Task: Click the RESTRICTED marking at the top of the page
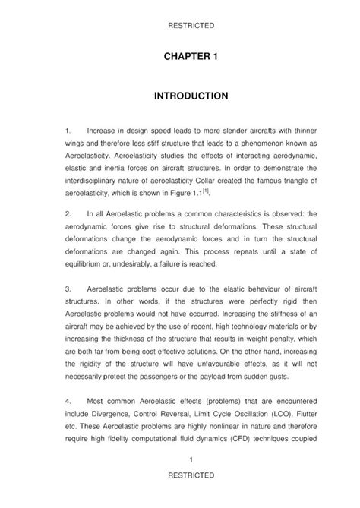pyautogui.click(x=179, y=25)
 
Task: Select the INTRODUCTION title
pyautogui.click(x=180, y=97)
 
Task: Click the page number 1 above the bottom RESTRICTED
pyautogui.click(x=179, y=460)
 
